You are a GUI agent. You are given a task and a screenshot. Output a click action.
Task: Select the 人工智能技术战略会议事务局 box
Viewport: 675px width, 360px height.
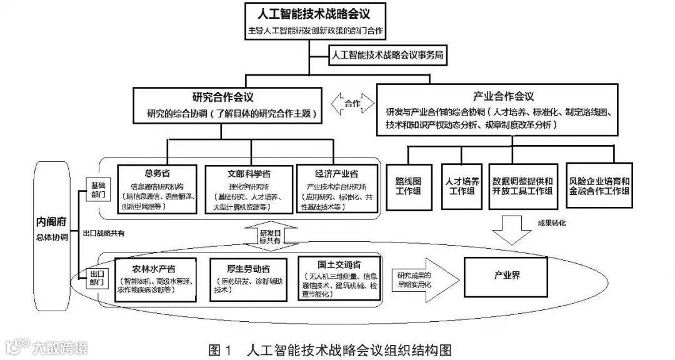(x=387, y=54)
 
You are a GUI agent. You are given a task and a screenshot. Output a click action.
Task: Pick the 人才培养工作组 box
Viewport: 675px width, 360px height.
(x=463, y=185)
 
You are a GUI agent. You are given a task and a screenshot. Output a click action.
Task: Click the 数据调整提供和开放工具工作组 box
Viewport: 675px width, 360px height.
(x=522, y=185)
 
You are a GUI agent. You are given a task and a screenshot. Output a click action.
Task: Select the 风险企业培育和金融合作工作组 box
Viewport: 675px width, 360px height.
(x=599, y=185)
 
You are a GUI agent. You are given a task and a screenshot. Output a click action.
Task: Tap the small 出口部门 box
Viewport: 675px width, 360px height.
(x=97, y=277)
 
